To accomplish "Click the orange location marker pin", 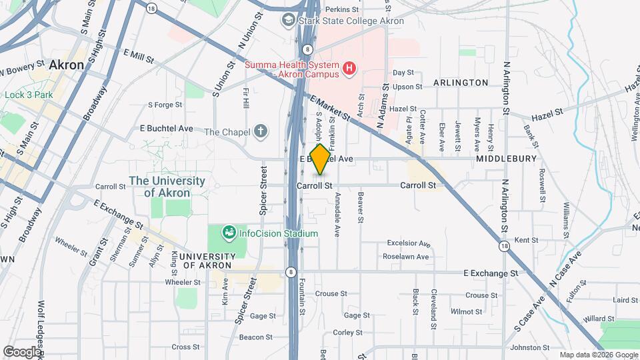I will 320,159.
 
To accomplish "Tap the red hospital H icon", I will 348,69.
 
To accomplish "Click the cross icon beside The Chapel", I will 262,131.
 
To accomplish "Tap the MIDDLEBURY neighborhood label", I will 507,159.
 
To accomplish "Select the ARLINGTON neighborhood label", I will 461,83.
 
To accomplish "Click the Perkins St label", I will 341,10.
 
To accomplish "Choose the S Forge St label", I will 165,105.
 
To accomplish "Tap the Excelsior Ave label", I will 407,244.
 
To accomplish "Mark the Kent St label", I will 526,240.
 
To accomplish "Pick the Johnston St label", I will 530,347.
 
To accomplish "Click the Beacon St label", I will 253,337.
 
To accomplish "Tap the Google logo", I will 22,351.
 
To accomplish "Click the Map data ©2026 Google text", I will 597,355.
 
